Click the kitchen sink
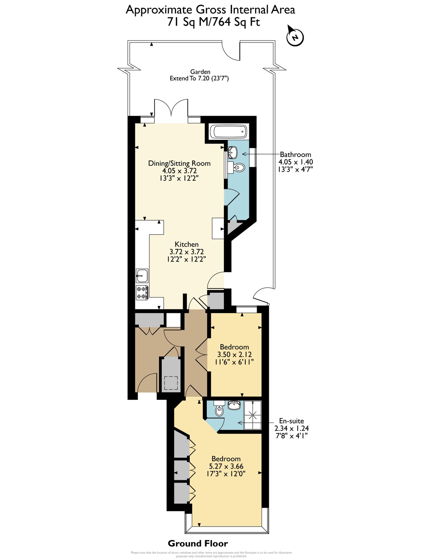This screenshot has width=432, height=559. (142, 275)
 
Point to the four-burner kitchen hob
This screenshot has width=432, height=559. (142, 293)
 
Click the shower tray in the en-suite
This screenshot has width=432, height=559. (252, 415)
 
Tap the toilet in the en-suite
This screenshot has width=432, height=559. (219, 410)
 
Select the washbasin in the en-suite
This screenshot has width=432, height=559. (234, 405)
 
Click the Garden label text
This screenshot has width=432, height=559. (200, 72)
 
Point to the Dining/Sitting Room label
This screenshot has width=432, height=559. (179, 163)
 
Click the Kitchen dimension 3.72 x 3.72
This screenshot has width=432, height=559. (186, 252)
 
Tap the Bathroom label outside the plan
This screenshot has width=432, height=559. (295, 154)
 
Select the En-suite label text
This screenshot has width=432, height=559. (291, 421)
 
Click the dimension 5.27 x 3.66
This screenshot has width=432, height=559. (226, 466)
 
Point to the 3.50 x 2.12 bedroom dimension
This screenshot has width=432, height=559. (234, 354)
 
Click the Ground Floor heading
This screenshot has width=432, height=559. (198, 543)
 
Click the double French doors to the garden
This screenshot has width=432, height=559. (171, 109)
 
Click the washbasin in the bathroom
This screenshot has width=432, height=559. (233, 152)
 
